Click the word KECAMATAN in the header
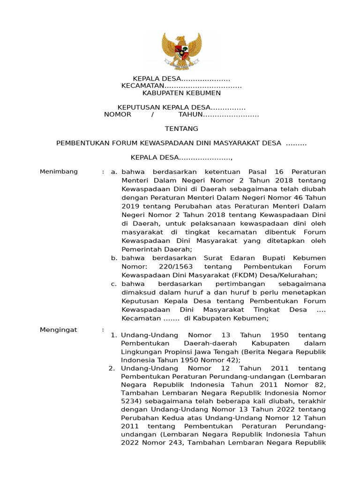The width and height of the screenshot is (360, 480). [142, 86]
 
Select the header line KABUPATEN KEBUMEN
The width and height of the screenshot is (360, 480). [181, 93]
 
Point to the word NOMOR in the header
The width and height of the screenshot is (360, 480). [118, 114]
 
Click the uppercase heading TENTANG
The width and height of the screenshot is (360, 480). [181, 128]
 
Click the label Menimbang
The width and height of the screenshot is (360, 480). [59, 172]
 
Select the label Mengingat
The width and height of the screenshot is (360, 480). [58, 330]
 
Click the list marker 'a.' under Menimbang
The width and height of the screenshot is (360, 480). [113, 172]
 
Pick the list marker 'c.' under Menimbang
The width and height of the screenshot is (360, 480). [113, 284]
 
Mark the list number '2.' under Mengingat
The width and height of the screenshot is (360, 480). [112, 368]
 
